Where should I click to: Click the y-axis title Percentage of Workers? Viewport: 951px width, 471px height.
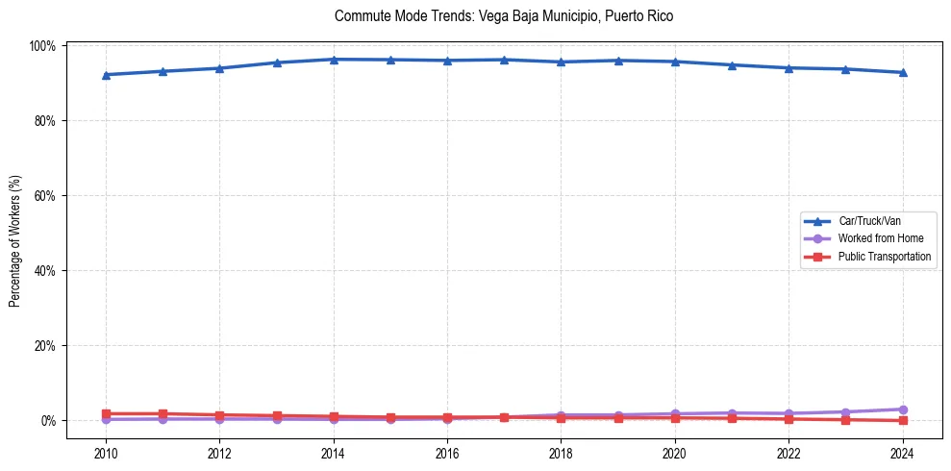coord(14,240)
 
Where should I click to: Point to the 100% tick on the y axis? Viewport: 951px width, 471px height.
coord(45,46)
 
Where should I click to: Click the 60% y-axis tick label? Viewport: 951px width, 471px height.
coord(47,196)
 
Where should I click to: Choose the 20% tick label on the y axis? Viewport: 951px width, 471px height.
coord(47,346)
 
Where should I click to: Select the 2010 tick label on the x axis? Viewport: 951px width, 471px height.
coord(106,453)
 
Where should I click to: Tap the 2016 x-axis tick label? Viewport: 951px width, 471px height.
coord(447,453)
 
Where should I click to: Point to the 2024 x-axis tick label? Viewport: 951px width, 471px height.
coord(903,453)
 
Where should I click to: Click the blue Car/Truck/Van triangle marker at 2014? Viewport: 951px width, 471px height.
coord(334,60)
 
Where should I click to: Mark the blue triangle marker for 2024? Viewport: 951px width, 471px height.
coord(903,72)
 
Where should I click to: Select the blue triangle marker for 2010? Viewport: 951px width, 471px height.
coord(106,75)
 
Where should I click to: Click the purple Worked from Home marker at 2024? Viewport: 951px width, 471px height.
coord(903,409)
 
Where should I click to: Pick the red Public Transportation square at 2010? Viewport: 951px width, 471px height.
coord(106,413)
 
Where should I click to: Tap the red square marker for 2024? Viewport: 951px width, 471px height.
coord(903,420)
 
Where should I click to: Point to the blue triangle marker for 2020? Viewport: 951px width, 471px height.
coord(675,62)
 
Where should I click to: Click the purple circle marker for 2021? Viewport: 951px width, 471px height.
coord(732,413)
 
